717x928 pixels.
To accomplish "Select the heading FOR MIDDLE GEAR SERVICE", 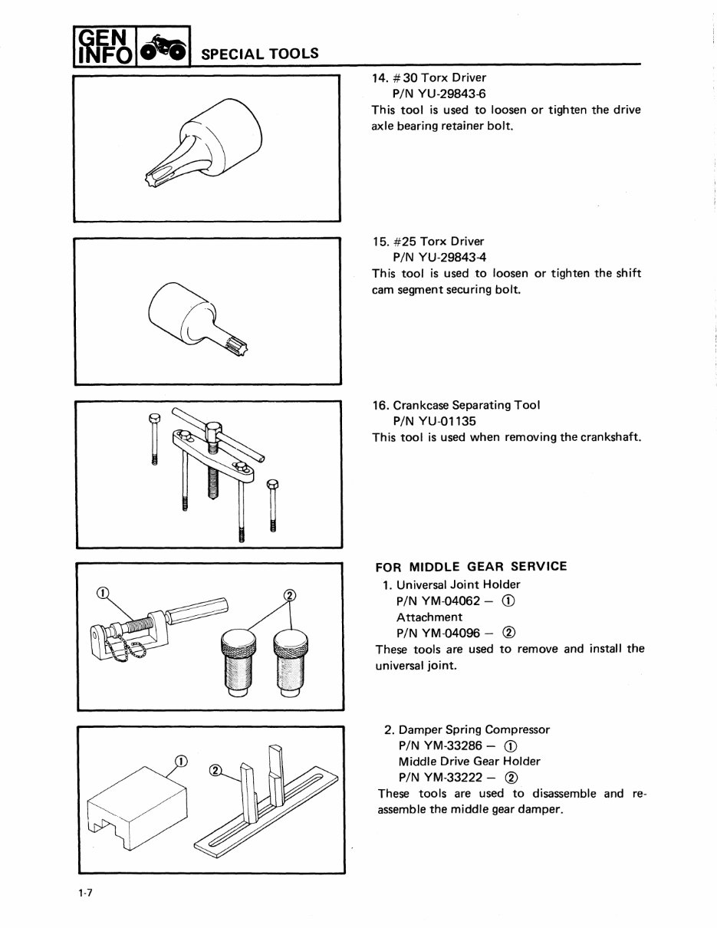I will click(471, 567).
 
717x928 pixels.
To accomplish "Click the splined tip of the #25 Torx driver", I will click(245, 347).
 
